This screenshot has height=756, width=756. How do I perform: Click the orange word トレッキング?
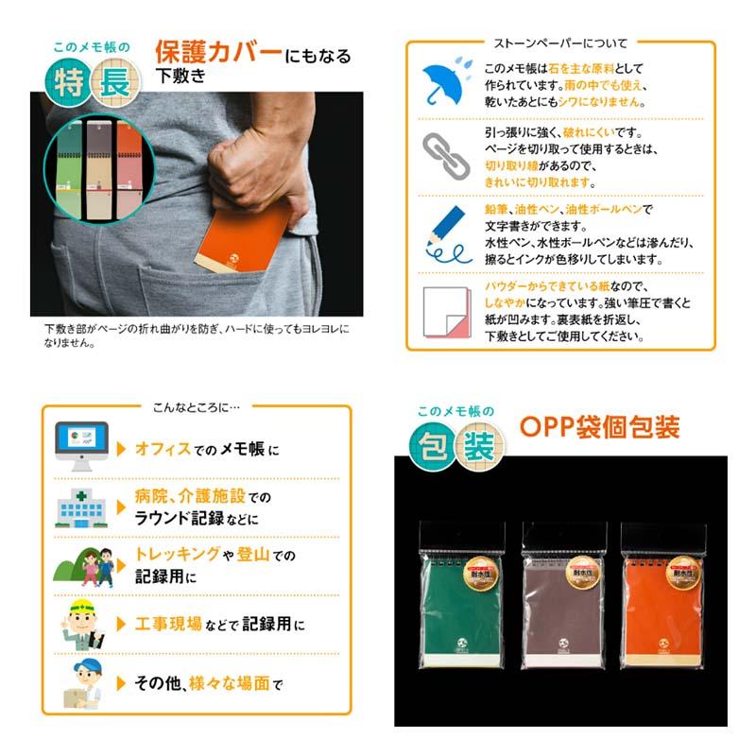(x=178, y=556)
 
